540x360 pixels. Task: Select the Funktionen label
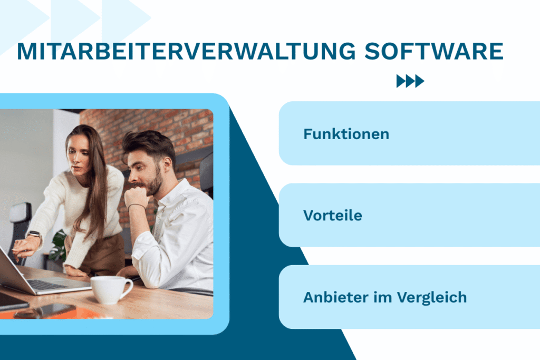coord(346,134)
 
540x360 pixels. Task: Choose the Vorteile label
coord(332,216)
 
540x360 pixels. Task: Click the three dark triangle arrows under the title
coord(410,81)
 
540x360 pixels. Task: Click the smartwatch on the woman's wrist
coord(34,235)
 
